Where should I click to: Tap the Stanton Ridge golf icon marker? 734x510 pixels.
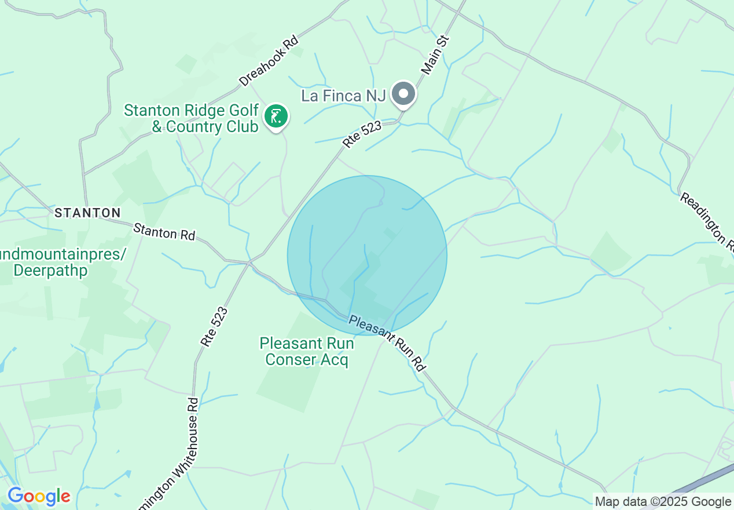(277, 116)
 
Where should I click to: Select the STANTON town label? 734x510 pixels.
(87, 213)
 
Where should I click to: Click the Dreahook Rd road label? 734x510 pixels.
(269, 61)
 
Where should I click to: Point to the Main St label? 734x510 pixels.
(435, 54)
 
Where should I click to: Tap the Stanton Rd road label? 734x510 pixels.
(164, 232)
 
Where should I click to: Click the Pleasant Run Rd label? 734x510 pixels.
(387, 343)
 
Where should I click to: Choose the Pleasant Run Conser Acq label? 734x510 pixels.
(306, 351)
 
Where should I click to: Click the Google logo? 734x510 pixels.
(38, 497)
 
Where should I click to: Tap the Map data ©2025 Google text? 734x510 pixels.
(663, 502)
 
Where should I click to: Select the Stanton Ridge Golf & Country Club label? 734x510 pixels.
(191, 118)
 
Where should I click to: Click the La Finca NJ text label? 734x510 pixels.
(343, 96)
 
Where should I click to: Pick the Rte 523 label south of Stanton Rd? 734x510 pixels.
(214, 326)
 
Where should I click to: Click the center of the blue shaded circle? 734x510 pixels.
(367, 256)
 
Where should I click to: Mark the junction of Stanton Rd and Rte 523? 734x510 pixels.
(249, 263)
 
